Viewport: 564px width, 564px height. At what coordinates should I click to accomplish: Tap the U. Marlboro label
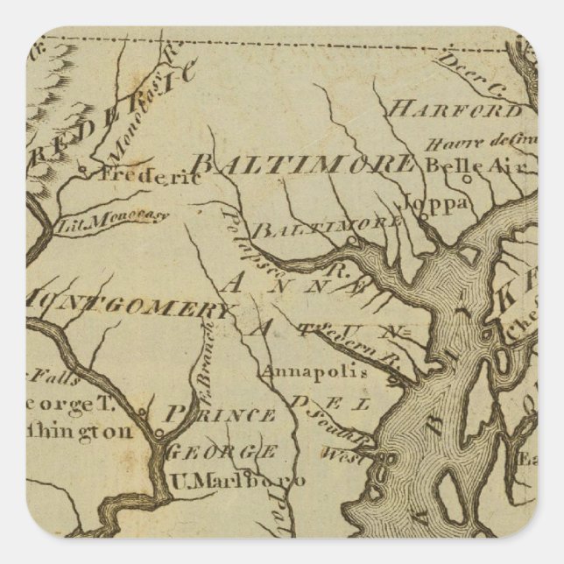(236, 481)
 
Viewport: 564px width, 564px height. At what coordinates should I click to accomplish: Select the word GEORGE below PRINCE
(222, 452)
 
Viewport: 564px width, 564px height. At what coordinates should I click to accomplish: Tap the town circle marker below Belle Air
(467, 178)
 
